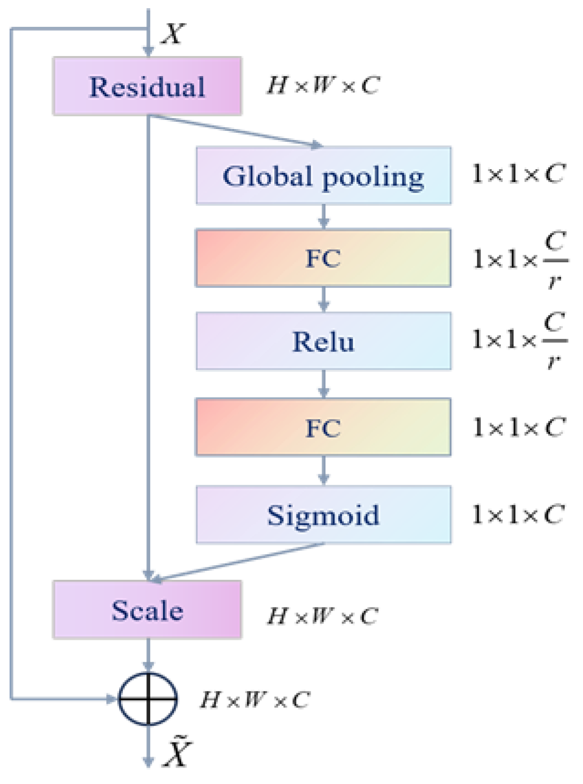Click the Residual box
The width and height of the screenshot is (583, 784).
pos(147,86)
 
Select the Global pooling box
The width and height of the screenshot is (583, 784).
pos(323,176)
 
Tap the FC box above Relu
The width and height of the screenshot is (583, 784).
pos(323,258)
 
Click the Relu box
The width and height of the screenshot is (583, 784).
pos(323,341)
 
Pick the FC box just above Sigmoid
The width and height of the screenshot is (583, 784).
pos(323,427)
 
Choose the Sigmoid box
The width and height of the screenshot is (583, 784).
pos(323,515)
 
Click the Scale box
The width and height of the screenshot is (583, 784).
pos(147,610)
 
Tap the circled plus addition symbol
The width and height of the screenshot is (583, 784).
pos(148,698)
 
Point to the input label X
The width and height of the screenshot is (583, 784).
pos(173,34)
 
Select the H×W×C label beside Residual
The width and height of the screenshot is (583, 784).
pos(323,85)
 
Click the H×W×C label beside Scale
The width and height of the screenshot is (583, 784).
pos(322,616)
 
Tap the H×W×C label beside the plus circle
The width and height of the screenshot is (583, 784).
pos(255,700)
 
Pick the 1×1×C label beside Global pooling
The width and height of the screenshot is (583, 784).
pos(518,174)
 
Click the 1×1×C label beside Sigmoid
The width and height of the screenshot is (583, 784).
pos(518,514)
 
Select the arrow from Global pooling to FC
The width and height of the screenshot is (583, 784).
pos(323,216)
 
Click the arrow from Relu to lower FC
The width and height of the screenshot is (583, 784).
pos(323,384)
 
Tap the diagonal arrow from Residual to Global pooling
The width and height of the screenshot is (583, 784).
pos(237,131)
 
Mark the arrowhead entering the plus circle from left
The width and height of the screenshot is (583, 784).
pos(111,698)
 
